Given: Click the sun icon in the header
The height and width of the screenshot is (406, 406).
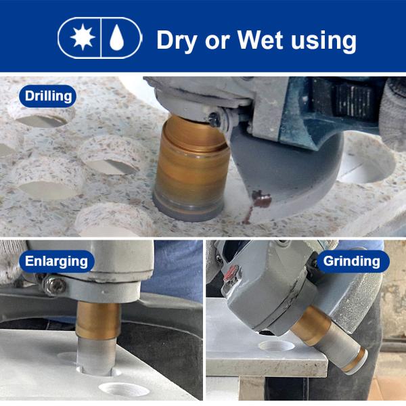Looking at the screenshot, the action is tap(83, 37).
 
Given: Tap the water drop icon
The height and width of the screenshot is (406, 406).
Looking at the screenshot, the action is tap(117, 37).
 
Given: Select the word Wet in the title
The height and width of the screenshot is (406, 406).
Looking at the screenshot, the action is tap(260, 40).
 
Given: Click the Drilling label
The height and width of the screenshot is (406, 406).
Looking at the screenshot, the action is tap(48, 96).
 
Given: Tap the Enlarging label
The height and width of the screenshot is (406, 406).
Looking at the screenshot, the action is tap(56, 261).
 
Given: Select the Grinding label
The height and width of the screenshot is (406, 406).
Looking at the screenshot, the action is tap(352, 261).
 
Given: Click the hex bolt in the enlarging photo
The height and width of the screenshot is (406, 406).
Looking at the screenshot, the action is tap(54, 286).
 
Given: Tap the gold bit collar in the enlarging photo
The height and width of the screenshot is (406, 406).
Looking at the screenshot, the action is tap(98, 321).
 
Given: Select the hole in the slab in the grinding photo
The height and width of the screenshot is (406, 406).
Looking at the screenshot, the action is tap(277, 346).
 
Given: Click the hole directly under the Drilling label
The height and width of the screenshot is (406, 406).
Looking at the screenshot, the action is tap(41, 121).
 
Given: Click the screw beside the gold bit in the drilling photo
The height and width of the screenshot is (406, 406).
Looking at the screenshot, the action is tap(215, 120).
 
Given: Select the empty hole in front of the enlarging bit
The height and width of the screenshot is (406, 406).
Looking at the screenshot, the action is tap(124, 389).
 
